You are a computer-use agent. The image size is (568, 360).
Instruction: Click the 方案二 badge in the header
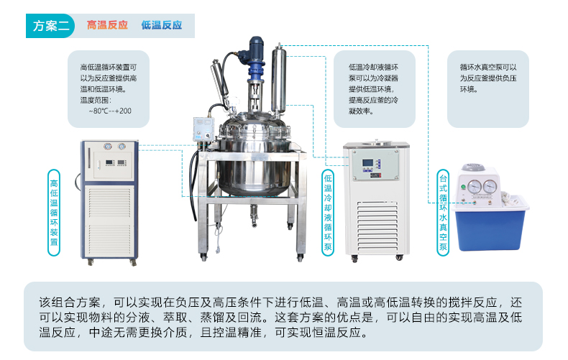point(50,26)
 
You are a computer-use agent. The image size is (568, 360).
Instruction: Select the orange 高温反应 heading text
point(107,25)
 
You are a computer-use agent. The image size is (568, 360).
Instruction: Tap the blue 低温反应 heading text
point(162,25)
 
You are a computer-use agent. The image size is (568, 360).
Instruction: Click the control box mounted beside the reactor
point(203,129)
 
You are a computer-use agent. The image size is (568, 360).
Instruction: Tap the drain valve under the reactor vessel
point(254,216)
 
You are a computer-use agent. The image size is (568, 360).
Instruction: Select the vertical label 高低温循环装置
point(54,213)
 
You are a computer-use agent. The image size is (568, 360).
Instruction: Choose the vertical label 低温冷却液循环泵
point(328,213)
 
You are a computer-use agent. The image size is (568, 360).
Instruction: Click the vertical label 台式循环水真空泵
point(443,213)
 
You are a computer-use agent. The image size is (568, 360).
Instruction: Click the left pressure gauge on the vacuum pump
point(475,187)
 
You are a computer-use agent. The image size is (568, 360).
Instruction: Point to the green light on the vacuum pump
point(463,188)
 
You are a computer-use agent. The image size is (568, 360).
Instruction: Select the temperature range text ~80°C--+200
point(110,111)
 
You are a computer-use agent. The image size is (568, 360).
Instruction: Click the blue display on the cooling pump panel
point(367,163)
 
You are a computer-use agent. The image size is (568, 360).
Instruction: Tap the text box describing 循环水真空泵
point(488,88)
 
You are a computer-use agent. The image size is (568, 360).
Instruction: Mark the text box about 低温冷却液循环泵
point(374,88)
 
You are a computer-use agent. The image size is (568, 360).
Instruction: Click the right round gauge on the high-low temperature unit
point(122,147)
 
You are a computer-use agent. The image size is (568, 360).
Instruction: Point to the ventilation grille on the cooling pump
point(377,227)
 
